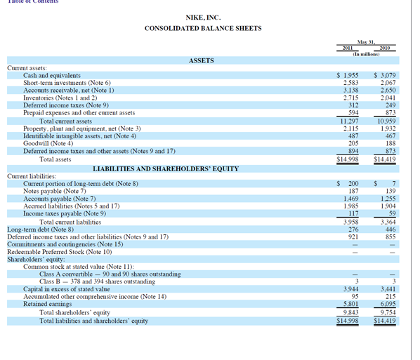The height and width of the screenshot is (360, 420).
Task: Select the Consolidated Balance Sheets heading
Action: [202, 28]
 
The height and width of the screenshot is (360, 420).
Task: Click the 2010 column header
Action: [383, 48]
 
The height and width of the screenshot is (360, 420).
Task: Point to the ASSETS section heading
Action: [202, 61]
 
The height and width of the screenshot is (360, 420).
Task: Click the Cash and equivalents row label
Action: [52, 75]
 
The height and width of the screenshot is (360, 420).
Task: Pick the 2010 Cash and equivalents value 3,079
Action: [387, 75]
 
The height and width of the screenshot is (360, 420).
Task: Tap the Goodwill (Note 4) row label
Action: [53, 143]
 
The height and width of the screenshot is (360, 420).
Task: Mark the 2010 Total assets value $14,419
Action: [385, 159]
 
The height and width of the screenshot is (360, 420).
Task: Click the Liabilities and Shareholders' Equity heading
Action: [166, 169]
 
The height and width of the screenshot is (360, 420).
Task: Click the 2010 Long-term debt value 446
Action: [389, 229]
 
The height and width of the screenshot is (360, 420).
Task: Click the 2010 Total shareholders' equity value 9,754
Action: [388, 312]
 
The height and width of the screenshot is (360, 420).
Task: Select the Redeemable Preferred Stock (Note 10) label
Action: [60, 251]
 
